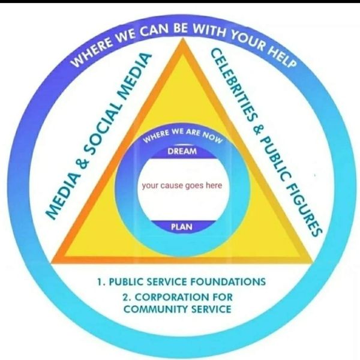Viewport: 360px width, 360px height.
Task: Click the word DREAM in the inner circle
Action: (x=182, y=152)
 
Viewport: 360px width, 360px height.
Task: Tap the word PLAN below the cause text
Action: (x=181, y=227)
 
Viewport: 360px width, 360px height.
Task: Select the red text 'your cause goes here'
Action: (x=182, y=185)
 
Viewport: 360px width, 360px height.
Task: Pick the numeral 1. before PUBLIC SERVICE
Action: (x=100, y=281)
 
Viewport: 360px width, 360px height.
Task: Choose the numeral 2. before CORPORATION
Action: (x=126, y=296)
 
